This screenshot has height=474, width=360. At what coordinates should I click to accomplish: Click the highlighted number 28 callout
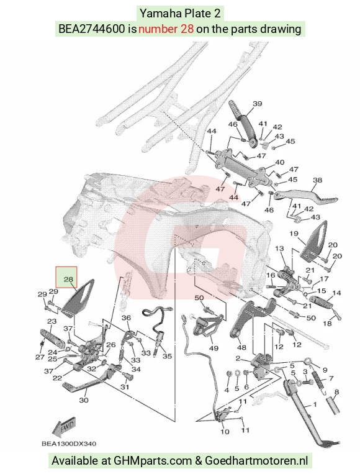(66, 277)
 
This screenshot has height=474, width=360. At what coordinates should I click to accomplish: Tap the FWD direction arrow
(64, 428)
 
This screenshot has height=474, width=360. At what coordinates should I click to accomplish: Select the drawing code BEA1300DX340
(69, 444)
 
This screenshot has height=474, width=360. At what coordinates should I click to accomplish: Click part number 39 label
(258, 104)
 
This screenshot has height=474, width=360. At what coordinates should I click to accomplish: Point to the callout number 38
(317, 180)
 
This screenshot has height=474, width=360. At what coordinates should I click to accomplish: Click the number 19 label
(294, 234)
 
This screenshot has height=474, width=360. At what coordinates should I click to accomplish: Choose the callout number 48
(242, 347)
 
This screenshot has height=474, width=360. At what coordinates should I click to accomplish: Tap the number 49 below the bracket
(214, 349)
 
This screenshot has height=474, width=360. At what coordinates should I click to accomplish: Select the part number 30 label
(84, 400)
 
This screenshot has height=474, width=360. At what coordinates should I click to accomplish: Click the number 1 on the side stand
(315, 404)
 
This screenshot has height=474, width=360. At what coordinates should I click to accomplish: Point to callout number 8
(336, 392)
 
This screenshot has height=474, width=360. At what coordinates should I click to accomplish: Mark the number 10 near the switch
(225, 431)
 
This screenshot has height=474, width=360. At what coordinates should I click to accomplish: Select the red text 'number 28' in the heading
(166, 29)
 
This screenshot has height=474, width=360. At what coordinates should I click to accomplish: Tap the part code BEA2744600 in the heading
(91, 29)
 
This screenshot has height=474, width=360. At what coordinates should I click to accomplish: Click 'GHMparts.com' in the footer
(153, 461)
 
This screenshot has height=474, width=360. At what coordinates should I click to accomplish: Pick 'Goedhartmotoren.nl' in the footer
(256, 461)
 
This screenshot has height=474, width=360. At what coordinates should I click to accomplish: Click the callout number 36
(126, 317)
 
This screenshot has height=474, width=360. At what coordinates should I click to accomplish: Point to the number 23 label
(52, 321)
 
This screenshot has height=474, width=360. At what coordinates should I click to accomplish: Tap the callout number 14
(336, 293)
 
